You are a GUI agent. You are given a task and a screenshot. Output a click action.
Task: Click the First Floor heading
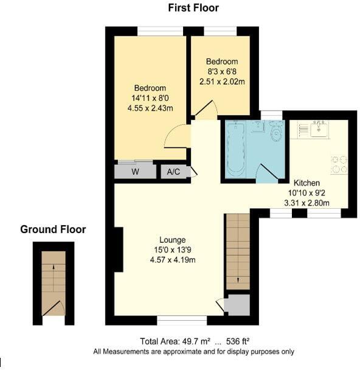(x=193, y=8)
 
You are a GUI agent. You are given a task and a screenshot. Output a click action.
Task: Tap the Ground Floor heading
(x=53, y=229)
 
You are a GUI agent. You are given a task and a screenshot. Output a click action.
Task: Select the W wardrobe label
(x=135, y=172)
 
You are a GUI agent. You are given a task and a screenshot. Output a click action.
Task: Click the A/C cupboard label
(x=174, y=172)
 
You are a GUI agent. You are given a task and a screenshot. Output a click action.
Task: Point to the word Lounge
(x=173, y=240)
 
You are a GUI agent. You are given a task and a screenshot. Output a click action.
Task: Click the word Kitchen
(x=306, y=183)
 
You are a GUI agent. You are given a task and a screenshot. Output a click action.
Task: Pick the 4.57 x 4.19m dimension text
(x=173, y=260)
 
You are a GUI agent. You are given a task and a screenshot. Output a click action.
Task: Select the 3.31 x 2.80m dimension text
(x=308, y=203)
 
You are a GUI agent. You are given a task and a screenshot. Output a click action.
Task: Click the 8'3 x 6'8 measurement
(x=221, y=72)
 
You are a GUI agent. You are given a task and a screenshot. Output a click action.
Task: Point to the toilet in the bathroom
(x=276, y=132)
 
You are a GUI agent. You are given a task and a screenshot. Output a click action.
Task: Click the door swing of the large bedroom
(x=178, y=136)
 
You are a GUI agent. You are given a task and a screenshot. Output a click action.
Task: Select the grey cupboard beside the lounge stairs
(x=238, y=305)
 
